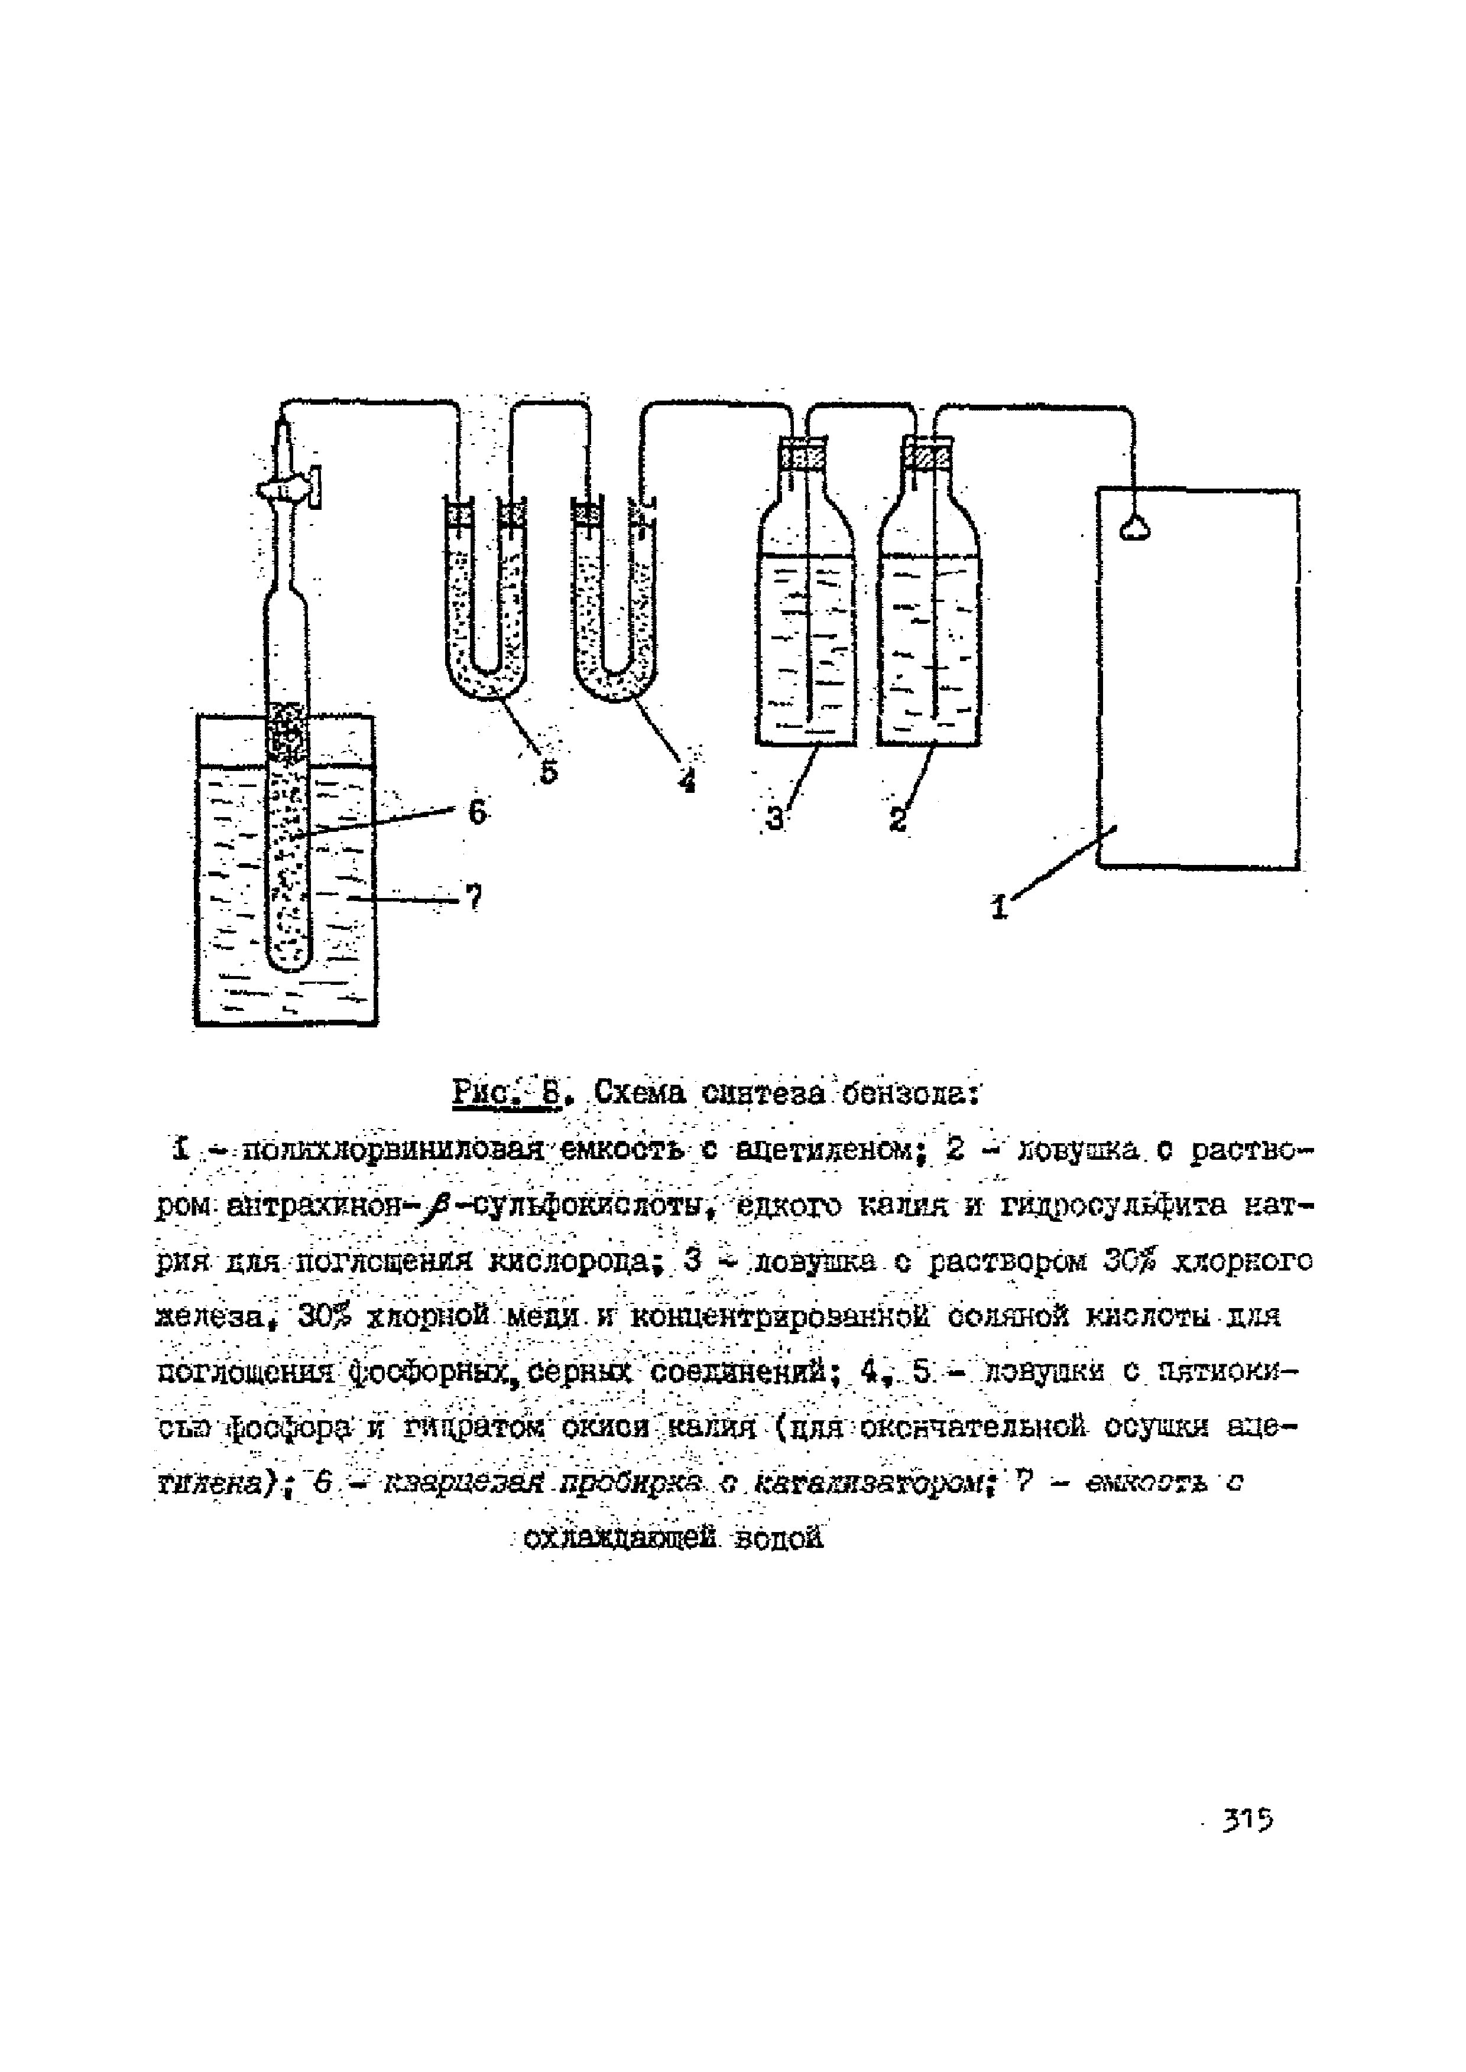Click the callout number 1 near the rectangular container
[998, 905]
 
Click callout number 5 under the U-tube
[549, 770]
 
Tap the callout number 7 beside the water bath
[473, 896]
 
